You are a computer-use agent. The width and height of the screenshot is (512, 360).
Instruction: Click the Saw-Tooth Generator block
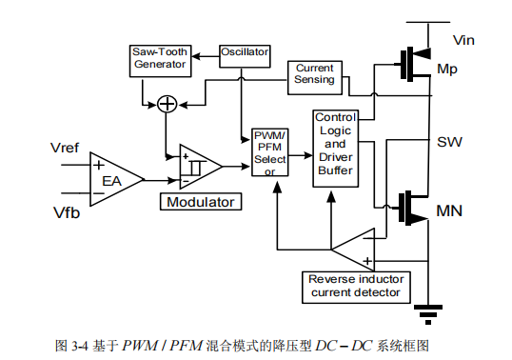tap(159, 60)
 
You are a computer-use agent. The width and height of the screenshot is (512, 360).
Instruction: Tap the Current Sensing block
tap(314, 73)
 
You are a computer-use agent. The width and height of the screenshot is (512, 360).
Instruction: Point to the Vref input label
tap(67, 148)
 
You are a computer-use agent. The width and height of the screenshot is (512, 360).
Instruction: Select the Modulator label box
tap(201, 202)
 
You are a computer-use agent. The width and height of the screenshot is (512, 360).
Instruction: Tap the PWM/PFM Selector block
tap(269, 152)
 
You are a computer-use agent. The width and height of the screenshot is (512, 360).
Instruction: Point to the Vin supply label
tap(463, 40)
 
